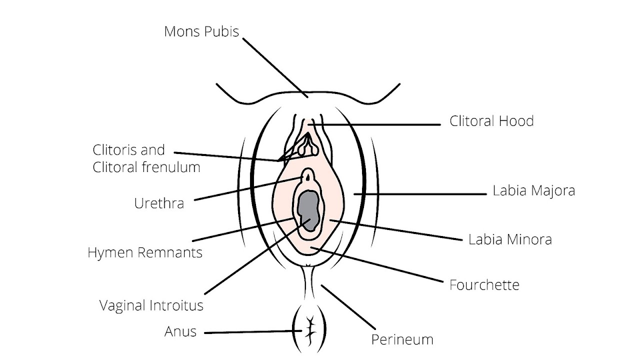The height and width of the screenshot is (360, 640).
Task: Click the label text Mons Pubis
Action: (x=201, y=31)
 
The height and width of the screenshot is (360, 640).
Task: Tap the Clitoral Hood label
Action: (x=491, y=121)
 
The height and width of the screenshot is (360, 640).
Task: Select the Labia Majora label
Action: (x=533, y=190)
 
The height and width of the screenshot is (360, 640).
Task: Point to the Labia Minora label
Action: (x=510, y=239)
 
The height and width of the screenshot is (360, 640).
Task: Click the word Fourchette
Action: (x=484, y=285)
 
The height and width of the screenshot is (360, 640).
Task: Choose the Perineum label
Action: (x=402, y=340)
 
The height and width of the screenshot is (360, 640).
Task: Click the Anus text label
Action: (x=180, y=331)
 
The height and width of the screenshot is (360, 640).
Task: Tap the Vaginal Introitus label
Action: (x=151, y=305)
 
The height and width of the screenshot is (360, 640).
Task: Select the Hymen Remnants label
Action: (x=145, y=252)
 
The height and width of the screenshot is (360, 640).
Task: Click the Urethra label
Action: (x=159, y=203)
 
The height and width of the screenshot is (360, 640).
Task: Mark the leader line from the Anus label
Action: (x=250, y=331)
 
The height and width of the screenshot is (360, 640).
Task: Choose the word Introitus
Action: (x=177, y=305)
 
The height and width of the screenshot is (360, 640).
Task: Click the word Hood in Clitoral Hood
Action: (x=518, y=121)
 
